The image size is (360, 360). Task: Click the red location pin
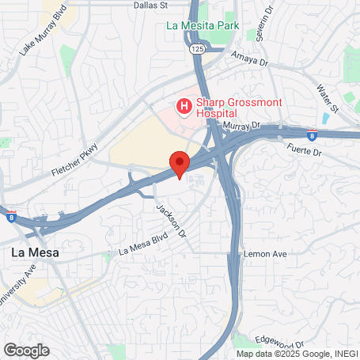[180, 164]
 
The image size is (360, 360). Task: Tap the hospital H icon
[184, 106]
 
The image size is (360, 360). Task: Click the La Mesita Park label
[202, 25]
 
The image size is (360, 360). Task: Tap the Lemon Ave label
[270, 253]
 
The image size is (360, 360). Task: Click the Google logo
[26, 350]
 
